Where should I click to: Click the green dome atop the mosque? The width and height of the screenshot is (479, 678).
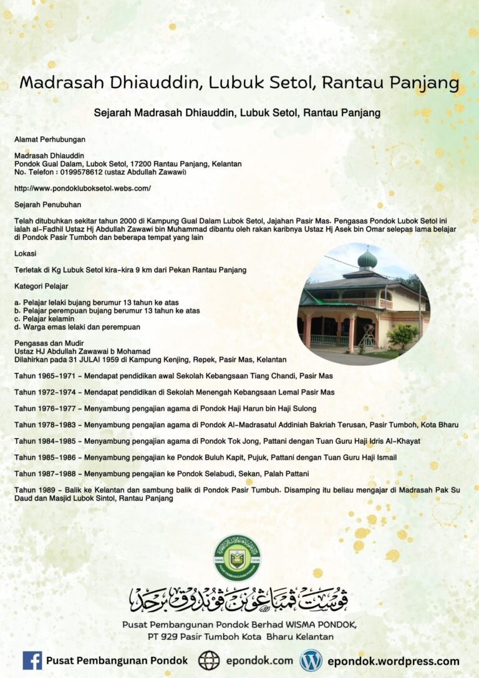(x=367, y=258)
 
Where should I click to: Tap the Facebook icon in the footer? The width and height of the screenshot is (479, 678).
(x=32, y=661)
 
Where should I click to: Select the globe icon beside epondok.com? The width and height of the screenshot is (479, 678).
(x=209, y=661)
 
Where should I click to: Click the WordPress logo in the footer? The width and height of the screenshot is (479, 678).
(x=311, y=661)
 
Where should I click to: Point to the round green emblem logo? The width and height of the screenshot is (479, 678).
(x=238, y=558)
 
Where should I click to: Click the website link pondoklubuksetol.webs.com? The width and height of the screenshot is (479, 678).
(x=82, y=188)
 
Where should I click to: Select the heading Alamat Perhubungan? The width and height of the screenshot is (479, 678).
(x=50, y=139)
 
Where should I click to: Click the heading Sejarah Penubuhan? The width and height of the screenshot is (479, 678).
(x=47, y=204)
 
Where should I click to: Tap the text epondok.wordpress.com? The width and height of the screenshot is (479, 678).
(x=393, y=661)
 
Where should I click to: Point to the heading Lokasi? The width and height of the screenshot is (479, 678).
(x=25, y=253)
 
